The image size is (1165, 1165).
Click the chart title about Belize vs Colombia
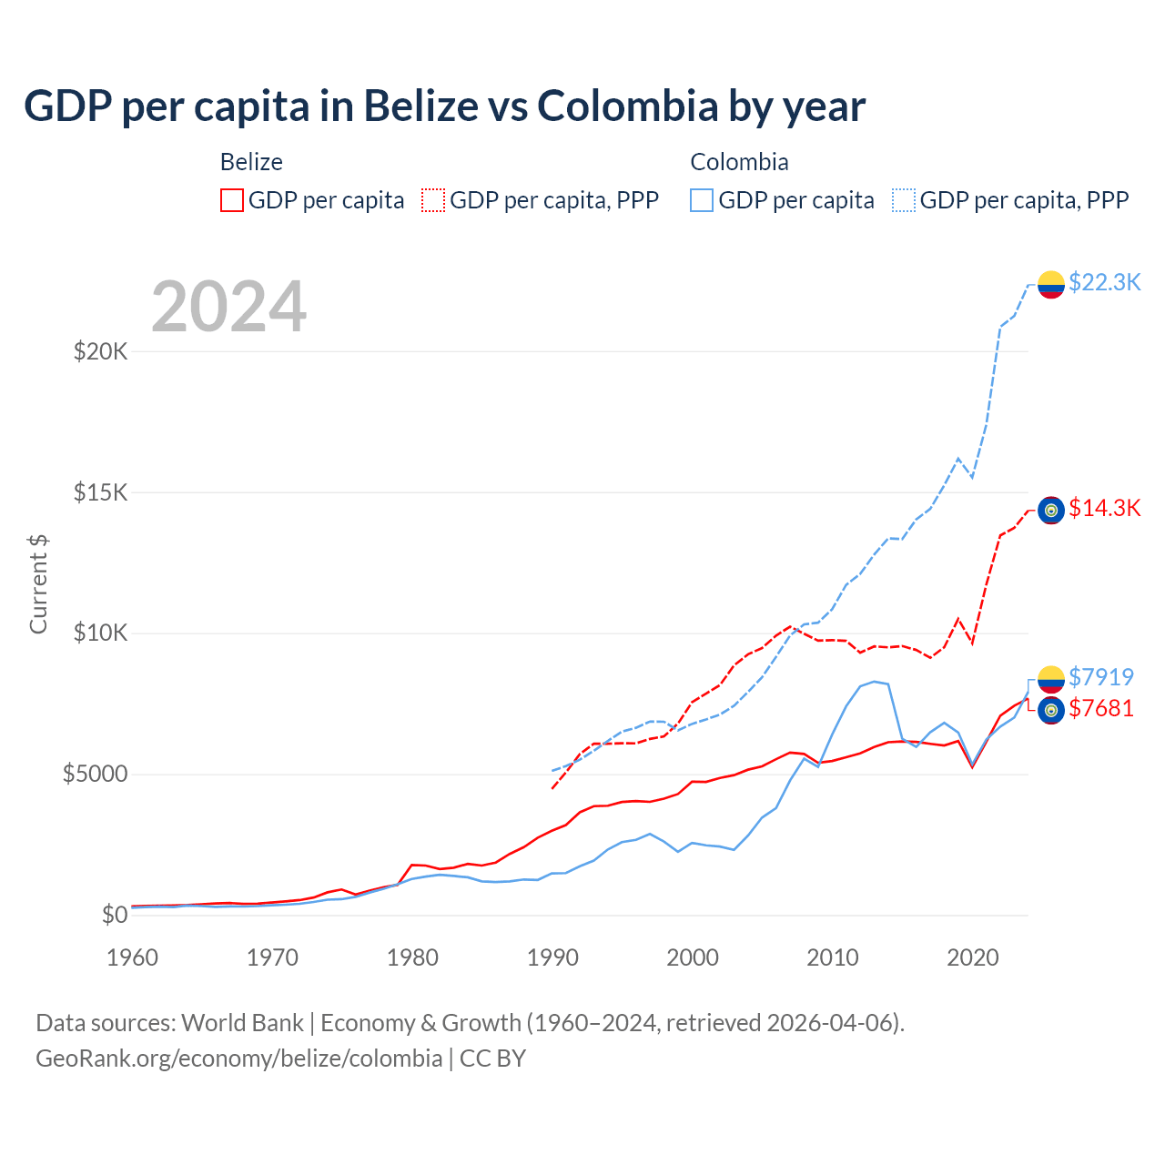point(444,106)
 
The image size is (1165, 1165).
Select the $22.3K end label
point(1104,282)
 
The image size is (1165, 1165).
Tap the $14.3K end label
point(1104,508)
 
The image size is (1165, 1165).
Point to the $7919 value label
point(1101,677)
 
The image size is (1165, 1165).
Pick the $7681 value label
point(1101,708)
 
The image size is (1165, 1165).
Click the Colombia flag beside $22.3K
point(1051,284)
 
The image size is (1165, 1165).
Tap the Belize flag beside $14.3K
point(1051,511)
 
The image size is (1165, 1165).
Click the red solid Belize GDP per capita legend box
point(232,200)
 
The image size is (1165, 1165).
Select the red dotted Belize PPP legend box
point(434,200)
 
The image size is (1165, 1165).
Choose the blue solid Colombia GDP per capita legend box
point(702,200)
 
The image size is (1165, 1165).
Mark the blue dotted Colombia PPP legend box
point(904,200)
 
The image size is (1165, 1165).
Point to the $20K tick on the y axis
point(100,351)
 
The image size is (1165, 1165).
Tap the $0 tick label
point(114,915)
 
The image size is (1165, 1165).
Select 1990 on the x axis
point(552,957)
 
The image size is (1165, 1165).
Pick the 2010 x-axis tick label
point(833,957)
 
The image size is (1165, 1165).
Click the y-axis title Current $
point(38,584)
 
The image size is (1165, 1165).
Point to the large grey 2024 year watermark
point(228,307)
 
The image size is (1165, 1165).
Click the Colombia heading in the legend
point(739,162)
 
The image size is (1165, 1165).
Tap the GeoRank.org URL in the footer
point(238,1059)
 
